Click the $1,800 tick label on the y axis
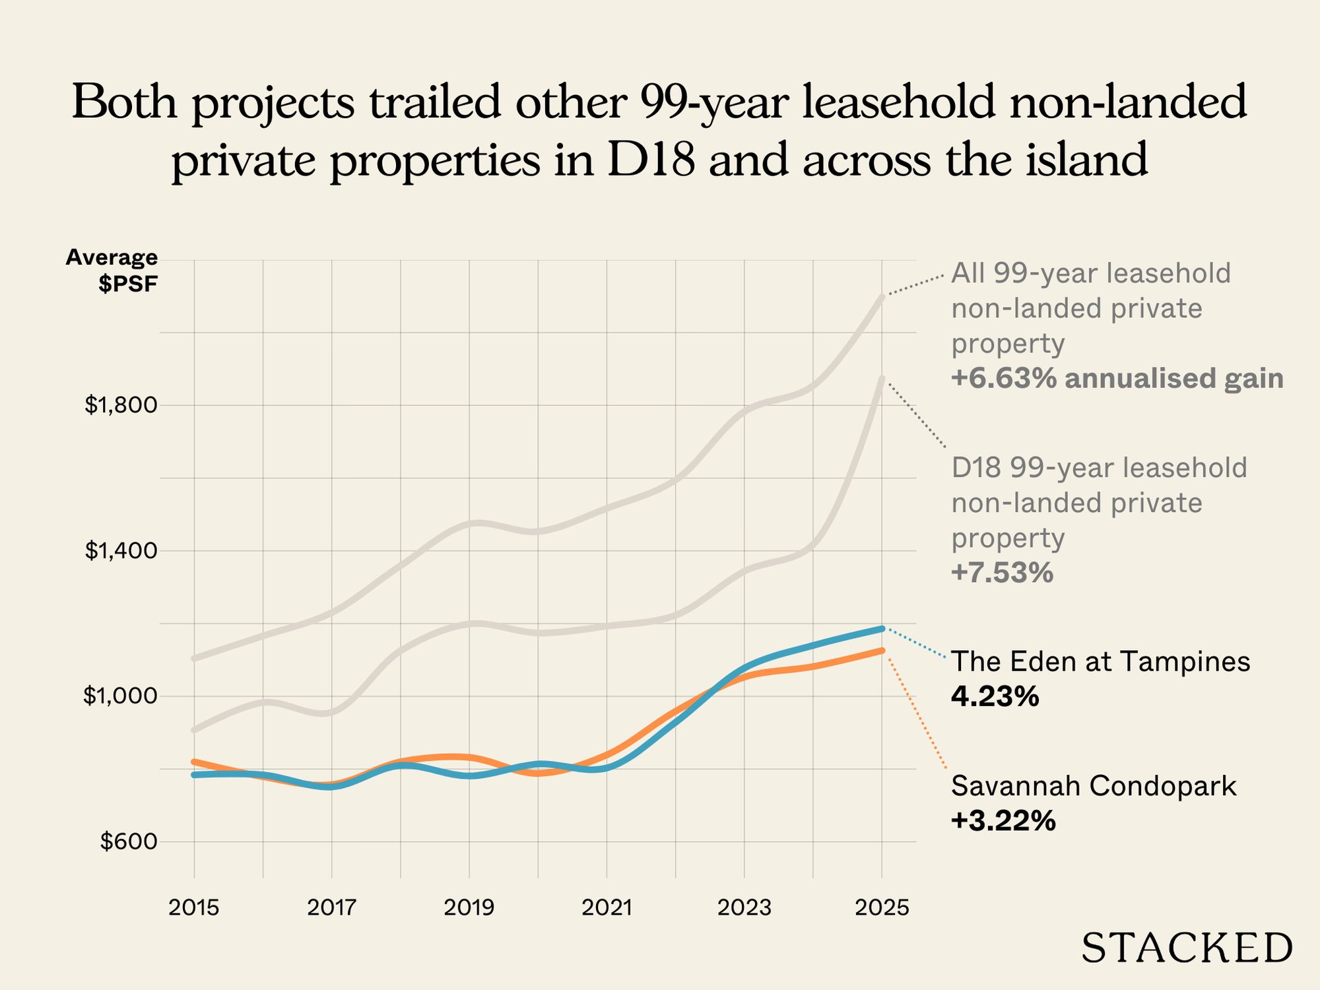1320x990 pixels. click(x=121, y=405)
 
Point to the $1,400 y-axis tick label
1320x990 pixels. click(x=121, y=550)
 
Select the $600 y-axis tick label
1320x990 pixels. click(x=129, y=841)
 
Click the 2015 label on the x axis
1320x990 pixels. click(x=193, y=908)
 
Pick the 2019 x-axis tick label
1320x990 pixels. click(x=469, y=908)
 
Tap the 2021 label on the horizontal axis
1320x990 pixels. click(x=607, y=908)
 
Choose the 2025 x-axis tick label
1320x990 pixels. click(x=882, y=908)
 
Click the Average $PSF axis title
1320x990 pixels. click(x=112, y=271)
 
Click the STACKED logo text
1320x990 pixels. click(x=1187, y=949)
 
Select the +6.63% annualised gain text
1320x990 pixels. click(x=1117, y=379)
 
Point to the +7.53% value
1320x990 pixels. click(x=1002, y=573)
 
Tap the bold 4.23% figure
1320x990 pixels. click(x=995, y=696)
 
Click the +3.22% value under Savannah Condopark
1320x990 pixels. click(x=1003, y=821)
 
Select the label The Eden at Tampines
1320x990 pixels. click(x=1100, y=661)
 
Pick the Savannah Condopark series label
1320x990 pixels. click(x=1094, y=786)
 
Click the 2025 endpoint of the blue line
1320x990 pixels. click(x=882, y=628)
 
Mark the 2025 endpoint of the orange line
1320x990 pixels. click(x=882, y=650)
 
